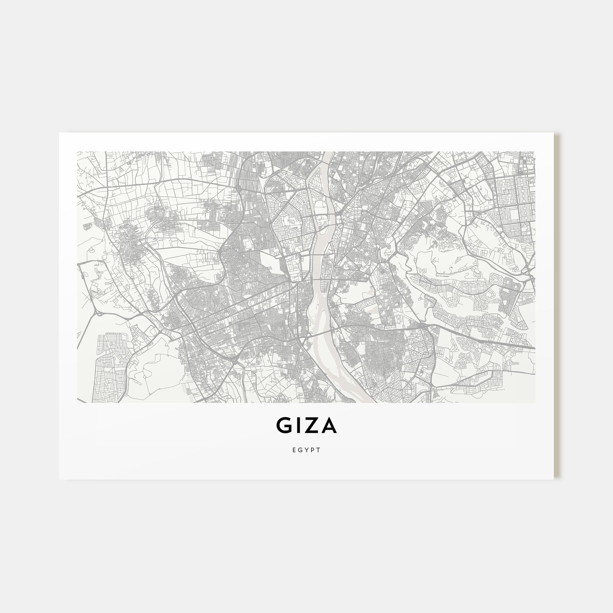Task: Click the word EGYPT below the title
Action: (306, 450)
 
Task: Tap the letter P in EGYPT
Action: (313, 450)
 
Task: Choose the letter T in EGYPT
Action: (319, 450)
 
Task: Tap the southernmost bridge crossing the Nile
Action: (321, 332)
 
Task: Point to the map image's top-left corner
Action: (77, 152)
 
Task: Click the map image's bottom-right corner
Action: (535, 403)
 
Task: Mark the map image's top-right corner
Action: (535, 152)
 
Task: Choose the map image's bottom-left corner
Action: (77, 403)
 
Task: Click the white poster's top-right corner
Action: (554, 133)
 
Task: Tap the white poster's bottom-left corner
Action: (59, 479)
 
